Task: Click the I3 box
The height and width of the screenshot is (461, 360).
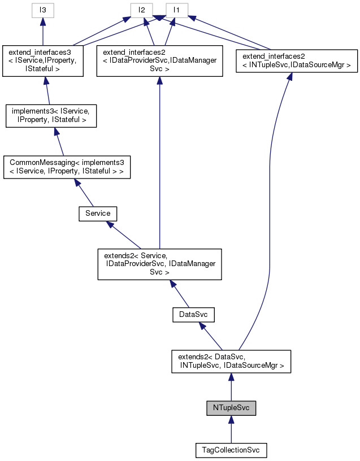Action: click(x=43, y=10)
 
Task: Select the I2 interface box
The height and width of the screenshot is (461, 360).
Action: click(x=142, y=10)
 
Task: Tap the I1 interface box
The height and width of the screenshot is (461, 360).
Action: click(x=176, y=10)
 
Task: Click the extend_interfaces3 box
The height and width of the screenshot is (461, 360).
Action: click(x=43, y=61)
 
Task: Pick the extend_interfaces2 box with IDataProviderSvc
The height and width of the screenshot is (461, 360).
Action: click(x=159, y=61)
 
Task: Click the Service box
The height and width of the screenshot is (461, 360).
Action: click(x=97, y=214)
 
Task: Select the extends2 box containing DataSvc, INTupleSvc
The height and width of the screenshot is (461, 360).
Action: click(x=231, y=360)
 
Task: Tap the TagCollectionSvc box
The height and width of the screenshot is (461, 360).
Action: click(x=231, y=450)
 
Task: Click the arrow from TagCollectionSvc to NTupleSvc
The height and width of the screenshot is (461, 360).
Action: click(x=231, y=430)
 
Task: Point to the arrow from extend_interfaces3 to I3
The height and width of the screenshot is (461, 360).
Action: click(x=43, y=32)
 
